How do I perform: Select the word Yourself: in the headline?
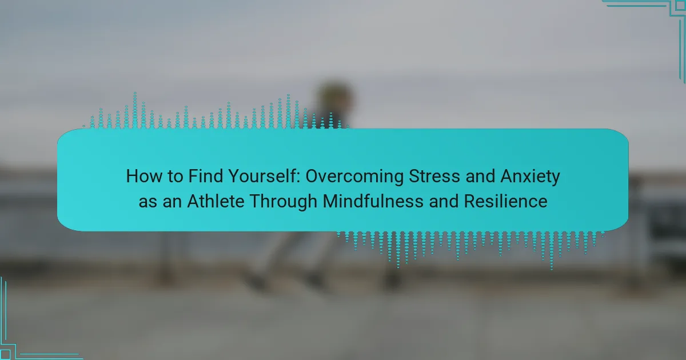(x=264, y=177)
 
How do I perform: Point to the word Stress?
(x=434, y=177)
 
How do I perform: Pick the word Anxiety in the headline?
(x=530, y=177)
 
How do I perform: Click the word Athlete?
(x=216, y=201)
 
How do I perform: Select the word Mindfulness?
(x=373, y=201)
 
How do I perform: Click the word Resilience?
(x=505, y=201)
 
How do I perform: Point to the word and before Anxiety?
(x=480, y=177)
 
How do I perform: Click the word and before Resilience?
(x=444, y=201)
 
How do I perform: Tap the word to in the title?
(x=175, y=177)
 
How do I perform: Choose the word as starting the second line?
(x=147, y=203)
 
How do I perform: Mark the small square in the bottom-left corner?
(x=5, y=354)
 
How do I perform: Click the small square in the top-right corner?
(x=680, y=5)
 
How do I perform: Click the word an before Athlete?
(x=172, y=203)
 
